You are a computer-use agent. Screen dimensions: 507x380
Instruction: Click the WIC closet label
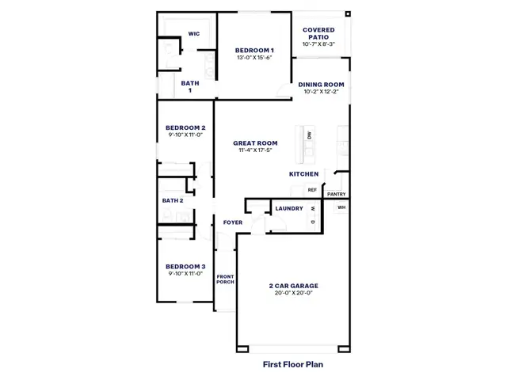pyautogui.click(x=194, y=33)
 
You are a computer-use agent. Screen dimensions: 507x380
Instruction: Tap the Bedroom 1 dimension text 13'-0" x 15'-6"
pyautogui.click(x=254, y=58)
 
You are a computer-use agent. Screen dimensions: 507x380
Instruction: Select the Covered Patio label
pyautogui.click(x=318, y=33)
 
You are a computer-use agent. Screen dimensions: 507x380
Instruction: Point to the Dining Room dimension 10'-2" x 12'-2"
pyautogui.click(x=321, y=92)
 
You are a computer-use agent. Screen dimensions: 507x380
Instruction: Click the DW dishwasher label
pyautogui.click(x=310, y=135)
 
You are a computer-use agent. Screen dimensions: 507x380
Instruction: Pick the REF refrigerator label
pyautogui.click(x=312, y=190)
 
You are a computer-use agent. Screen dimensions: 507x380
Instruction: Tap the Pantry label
pyautogui.click(x=336, y=194)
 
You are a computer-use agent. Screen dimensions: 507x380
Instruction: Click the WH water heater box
pyautogui.click(x=341, y=207)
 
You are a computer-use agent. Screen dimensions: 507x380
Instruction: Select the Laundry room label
pyautogui.click(x=289, y=208)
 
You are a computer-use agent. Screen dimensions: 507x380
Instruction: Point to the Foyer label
pyautogui.click(x=233, y=222)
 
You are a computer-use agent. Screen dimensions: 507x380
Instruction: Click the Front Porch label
pyautogui.click(x=225, y=279)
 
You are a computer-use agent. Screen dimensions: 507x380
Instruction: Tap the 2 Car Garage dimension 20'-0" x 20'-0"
pyautogui.click(x=294, y=293)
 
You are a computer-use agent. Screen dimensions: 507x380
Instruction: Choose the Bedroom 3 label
pyautogui.click(x=185, y=267)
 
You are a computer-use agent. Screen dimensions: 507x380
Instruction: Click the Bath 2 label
pyautogui.click(x=173, y=200)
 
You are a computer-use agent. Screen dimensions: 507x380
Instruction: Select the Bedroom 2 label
pyautogui.click(x=185, y=127)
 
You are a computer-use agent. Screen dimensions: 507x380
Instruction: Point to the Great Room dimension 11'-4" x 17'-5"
pyautogui.click(x=255, y=150)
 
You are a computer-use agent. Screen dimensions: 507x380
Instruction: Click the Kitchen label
pyautogui.click(x=303, y=174)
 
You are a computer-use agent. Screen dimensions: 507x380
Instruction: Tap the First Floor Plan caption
pyautogui.click(x=293, y=364)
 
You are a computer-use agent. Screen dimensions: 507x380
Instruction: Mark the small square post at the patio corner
pyautogui.click(x=348, y=14)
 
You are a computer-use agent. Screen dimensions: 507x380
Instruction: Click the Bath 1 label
pyautogui.click(x=190, y=86)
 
